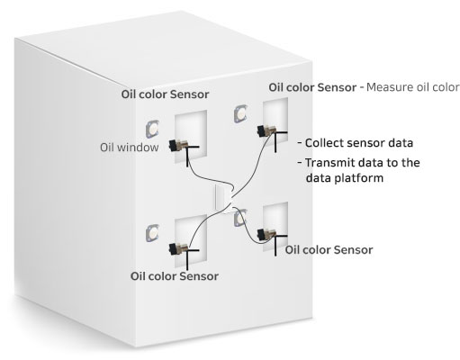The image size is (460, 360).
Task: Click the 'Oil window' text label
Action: point(130,148)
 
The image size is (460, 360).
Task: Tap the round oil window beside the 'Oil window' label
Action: point(152,130)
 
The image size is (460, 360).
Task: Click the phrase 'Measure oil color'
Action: point(413,87)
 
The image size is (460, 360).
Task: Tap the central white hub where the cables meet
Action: point(223,198)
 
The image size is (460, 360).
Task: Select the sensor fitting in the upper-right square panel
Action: point(266,130)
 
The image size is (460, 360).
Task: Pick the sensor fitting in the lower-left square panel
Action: point(178,248)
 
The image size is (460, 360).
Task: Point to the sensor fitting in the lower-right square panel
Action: point(266,234)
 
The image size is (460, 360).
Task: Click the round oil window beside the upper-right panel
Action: point(240,113)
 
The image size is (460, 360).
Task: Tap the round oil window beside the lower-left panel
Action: point(152,233)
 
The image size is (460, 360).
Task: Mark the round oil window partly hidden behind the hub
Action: point(240,218)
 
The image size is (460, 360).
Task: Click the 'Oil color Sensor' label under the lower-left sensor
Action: point(175,276)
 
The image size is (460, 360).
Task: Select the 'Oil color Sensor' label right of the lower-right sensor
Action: point(329,250)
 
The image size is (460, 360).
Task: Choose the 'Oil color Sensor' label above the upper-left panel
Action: point(165,94)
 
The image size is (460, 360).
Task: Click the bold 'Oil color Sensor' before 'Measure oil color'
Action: point(312,87)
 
